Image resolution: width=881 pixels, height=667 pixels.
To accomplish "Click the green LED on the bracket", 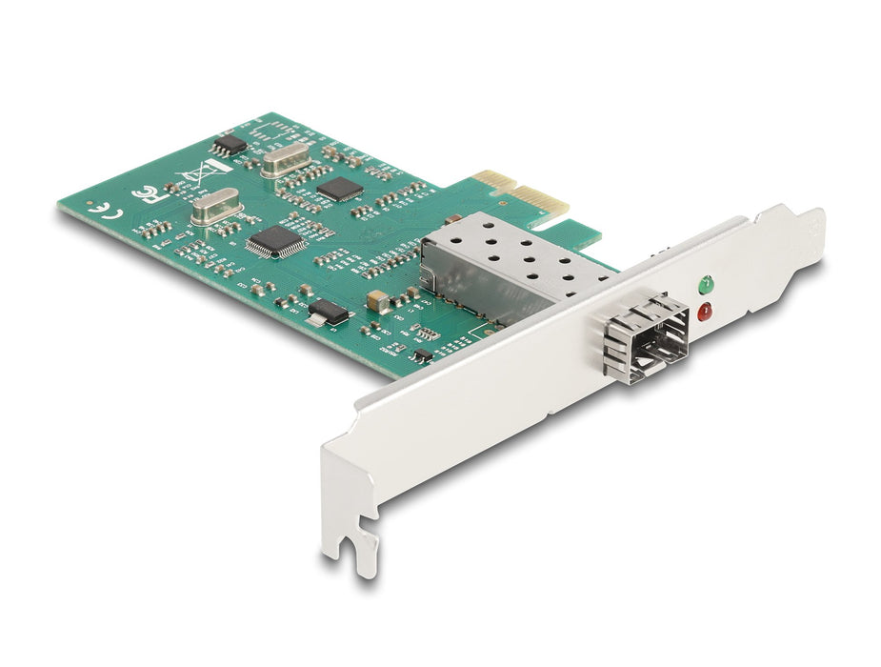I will pyautogui.click(x=706, y=283).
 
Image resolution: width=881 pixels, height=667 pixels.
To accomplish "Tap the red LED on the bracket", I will pyautogui.click(x=705, y=311).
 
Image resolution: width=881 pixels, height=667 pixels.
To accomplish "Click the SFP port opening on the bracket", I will pyautogui.click(x=651, y=341).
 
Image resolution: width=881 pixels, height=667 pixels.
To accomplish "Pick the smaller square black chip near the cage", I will pyautogui.click(x=340, y=188).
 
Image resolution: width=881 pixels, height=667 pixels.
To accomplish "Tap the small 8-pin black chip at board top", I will pyautogui.click(x=230, y=144).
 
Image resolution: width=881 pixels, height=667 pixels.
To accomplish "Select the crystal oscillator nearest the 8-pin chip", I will pyautogui.click(x=286, y=161).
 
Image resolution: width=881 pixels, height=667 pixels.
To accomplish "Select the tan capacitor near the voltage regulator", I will pyautogui.click(x=379, y=301).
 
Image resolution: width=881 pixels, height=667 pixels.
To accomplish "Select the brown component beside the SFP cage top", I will pyautogui.click(x=452, y=218).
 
